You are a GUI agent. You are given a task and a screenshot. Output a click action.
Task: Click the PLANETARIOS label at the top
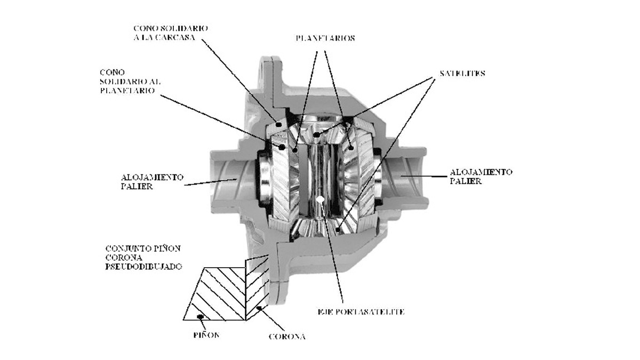325,38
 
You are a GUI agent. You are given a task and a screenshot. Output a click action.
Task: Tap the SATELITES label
462,74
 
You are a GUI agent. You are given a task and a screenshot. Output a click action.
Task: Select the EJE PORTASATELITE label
361,311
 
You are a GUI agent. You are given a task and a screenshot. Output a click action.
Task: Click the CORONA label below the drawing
287,337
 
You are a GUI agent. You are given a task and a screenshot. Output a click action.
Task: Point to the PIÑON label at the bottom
206,335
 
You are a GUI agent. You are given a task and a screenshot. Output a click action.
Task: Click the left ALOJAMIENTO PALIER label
152,182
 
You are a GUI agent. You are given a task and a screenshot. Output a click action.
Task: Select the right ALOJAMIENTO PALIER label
481,177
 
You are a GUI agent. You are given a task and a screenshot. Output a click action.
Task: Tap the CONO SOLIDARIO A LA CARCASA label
171,33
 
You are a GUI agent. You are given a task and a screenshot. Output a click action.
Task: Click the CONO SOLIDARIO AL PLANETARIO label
130,82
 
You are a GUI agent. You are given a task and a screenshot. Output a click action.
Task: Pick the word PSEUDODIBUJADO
143,267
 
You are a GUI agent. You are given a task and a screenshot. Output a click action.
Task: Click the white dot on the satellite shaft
320,199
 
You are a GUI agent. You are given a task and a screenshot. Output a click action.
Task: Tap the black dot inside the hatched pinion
201,316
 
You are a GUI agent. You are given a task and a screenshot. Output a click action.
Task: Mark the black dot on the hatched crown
259,308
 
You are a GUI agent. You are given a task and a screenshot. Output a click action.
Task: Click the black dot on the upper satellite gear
315,134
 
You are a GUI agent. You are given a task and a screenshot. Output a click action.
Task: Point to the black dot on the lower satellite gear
338,229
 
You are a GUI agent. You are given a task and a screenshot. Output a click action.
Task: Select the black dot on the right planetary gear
351,148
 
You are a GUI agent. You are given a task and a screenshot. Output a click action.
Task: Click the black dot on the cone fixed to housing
278,124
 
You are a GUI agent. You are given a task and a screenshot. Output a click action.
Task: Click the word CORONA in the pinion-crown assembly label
124,258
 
